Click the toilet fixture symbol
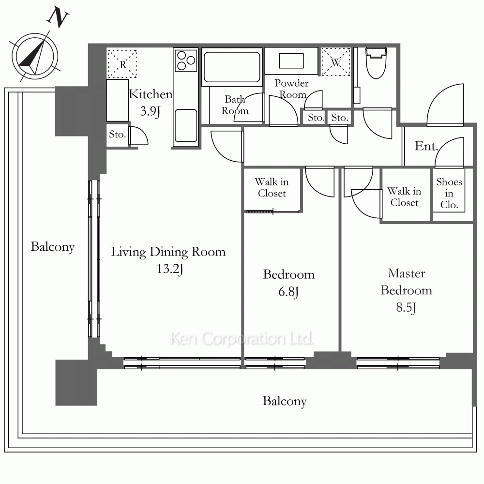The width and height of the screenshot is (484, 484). click(x=376, y=62)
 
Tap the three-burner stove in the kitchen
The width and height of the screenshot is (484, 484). click(x=186, y=60)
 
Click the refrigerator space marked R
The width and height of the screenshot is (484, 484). click(x=122, y=64)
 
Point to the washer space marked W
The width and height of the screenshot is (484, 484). click(x=336, y=62)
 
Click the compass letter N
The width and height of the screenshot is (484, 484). click(x=58, y=17)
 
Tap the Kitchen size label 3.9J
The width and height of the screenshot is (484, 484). click(x=150, y=111)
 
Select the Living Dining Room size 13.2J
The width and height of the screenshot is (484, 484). click(x=170, y=269)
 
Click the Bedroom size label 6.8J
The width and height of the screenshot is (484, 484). click(x=288, y=292)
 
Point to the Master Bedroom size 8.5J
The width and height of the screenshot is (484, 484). click(x=406, y=308)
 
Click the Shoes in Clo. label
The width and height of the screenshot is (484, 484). click(x=449, y=193)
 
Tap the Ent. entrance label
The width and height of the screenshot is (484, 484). click(x=426, y=146)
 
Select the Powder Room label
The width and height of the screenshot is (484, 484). click(x=291, y=89)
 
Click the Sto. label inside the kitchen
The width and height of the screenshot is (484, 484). click(x=117, y=134)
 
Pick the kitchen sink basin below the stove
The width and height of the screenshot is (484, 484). click(x=186, y=126)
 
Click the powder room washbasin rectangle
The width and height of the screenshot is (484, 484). click(x=291, y=60)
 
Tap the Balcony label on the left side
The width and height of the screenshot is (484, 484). click(x=53, y=247)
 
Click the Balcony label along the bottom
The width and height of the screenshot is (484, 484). click(x=285, y=401)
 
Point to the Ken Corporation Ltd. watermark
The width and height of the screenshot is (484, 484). click(x=242, y=338)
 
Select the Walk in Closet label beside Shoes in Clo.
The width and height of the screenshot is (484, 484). click(x=404, y=197)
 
